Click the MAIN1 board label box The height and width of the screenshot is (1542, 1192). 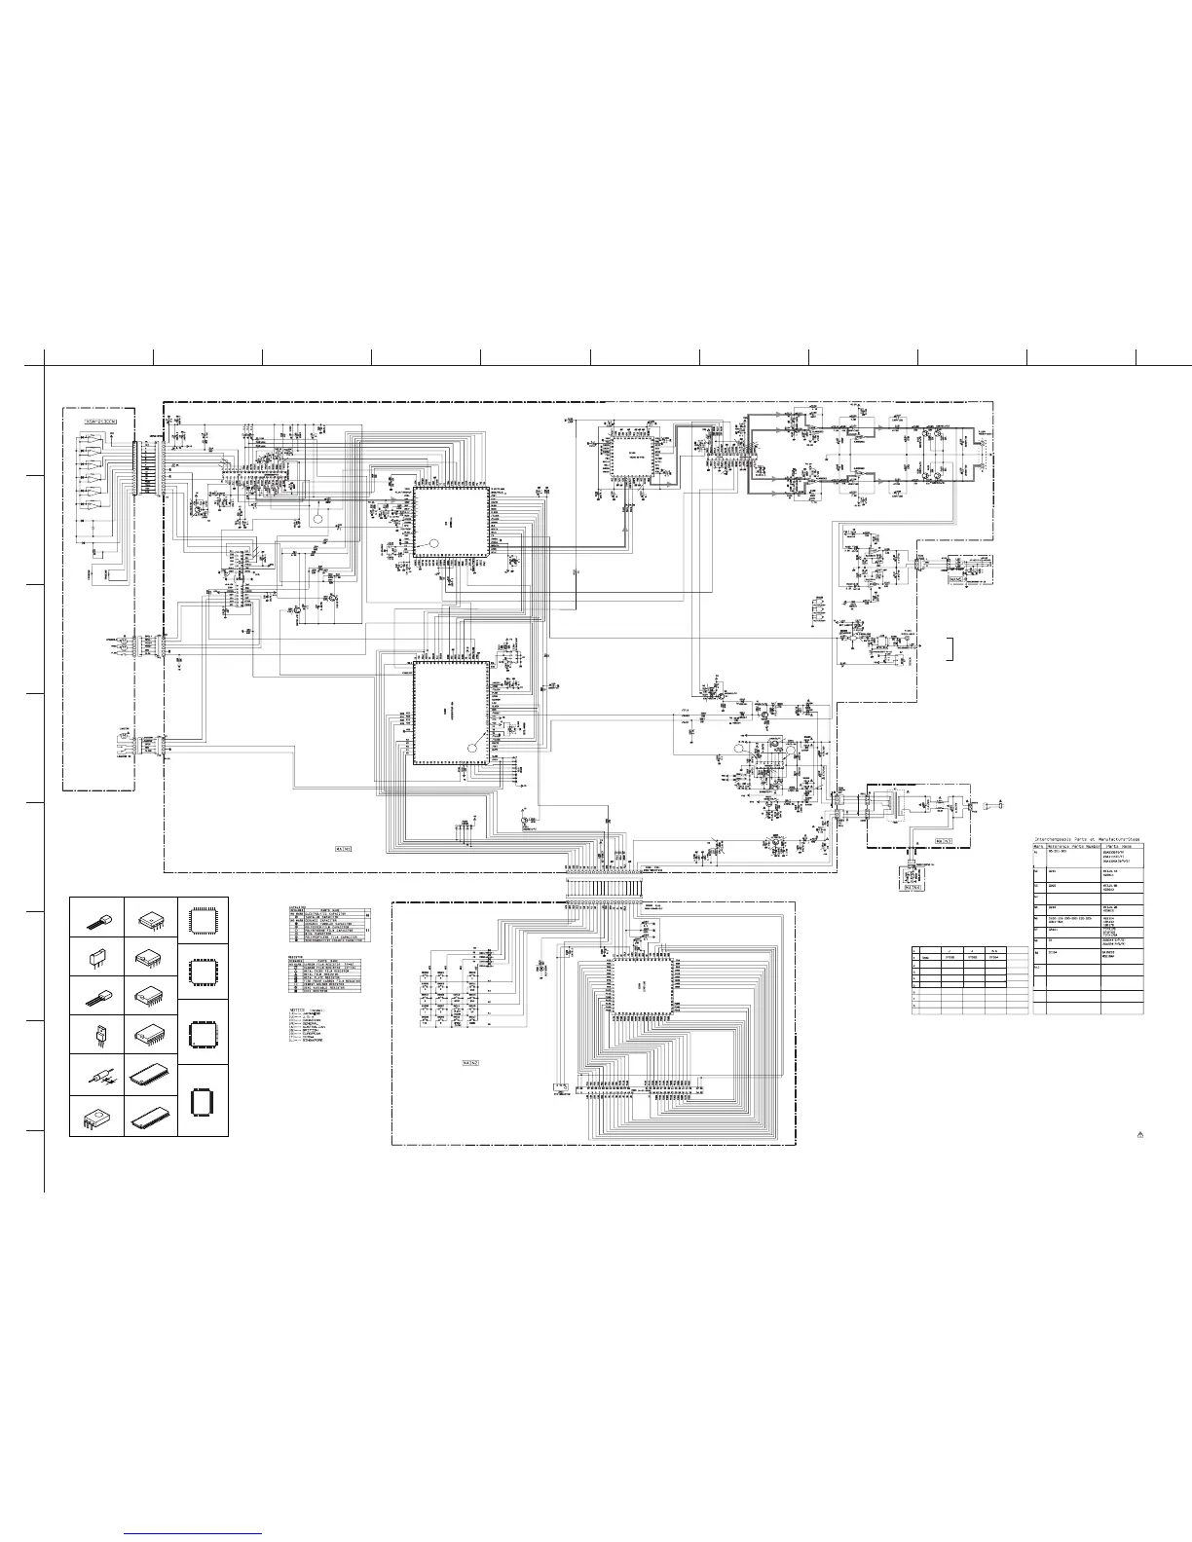pyautogui.click(x=344, y=848)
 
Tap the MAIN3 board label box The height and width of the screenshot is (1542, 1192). pyautogui.click(x=942, y=840)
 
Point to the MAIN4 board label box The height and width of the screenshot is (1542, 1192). pyautogui.click(x=913, y=887)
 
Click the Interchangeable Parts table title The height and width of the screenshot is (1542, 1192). pyautogui.click(x=1087, y=838)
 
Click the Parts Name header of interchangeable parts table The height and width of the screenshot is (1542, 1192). pyautogui.click(x=1120, y=847)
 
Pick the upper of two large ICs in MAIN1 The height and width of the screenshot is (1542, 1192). pyautogui.click(x=450, y=522)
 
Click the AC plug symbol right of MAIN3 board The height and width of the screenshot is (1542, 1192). pyautogui.click(x=994, y=806)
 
